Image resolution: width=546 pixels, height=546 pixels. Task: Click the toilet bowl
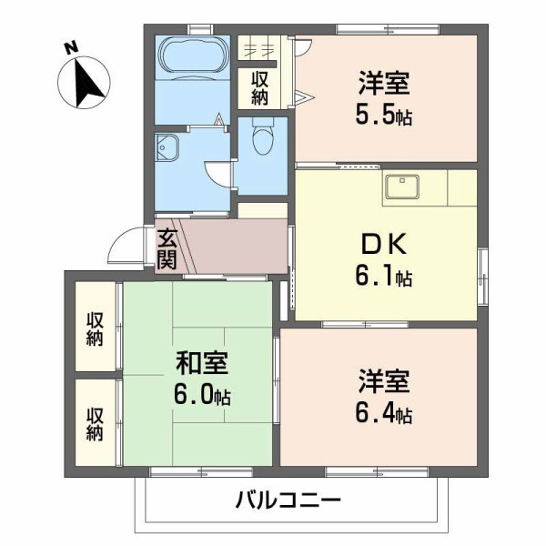click(262, 140)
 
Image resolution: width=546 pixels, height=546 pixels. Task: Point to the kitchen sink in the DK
click(400, 187)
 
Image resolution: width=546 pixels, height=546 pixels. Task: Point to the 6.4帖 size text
click(383, 414)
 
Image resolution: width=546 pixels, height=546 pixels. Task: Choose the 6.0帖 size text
click(202, 396)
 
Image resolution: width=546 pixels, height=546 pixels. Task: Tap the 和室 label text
click(202, 364)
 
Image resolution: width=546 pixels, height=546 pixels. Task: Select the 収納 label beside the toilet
click(259, 87)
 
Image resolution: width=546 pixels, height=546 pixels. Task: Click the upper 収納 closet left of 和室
click(95, 329)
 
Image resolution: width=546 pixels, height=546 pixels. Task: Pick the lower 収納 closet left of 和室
click(95, 423)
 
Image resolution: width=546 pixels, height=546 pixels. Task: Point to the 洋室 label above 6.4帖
click(383, 381)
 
